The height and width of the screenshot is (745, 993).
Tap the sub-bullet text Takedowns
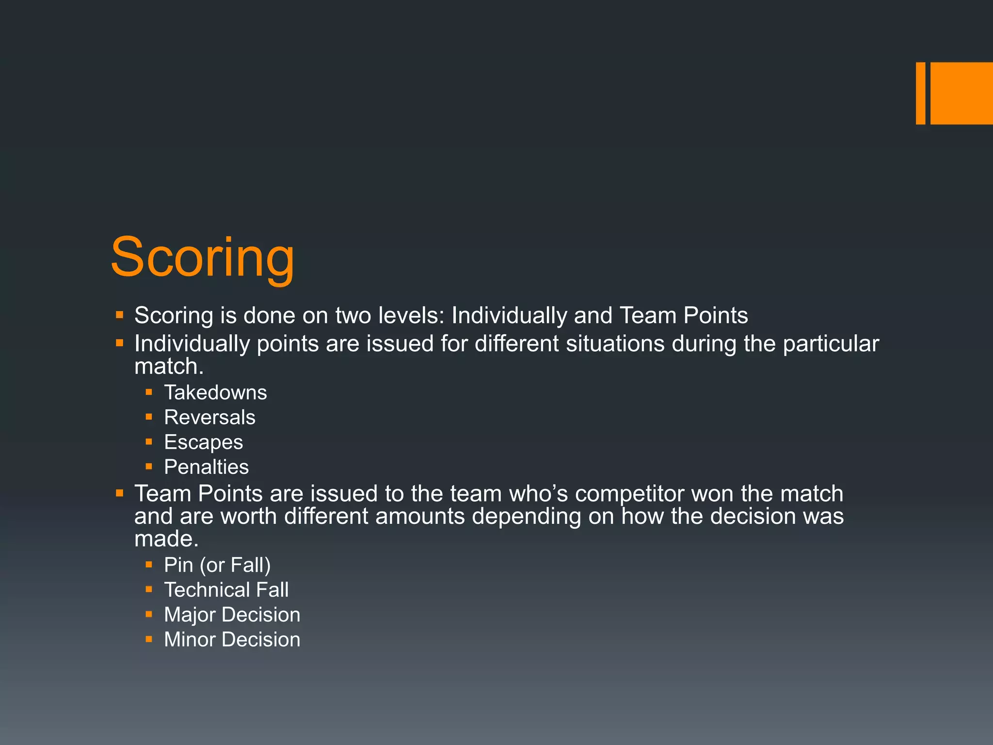[215, 392]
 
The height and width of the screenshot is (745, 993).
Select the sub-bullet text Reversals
[209, 417]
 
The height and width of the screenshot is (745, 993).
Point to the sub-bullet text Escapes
[203, 442]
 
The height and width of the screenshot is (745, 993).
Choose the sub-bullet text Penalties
[206, 467]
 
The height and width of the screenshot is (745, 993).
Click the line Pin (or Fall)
[217, 565]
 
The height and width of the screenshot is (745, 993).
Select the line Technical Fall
[226, 590]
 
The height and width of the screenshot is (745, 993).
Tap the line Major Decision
[232, 615]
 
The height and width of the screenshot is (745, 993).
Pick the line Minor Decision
[232, 639]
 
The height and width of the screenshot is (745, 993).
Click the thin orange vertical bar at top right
[920, 93]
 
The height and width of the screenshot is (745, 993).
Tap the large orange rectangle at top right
[961, 93]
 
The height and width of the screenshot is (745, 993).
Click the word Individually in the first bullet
[509, 316]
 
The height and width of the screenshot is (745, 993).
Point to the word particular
[831, 344]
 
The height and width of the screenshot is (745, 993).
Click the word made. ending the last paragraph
[166, 539]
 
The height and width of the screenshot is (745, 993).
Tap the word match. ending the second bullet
[169, 366]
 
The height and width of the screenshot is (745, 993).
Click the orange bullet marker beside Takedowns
[149, 392]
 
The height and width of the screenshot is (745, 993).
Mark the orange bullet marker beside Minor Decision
[149, 639]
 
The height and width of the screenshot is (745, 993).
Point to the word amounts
[420, 516]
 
